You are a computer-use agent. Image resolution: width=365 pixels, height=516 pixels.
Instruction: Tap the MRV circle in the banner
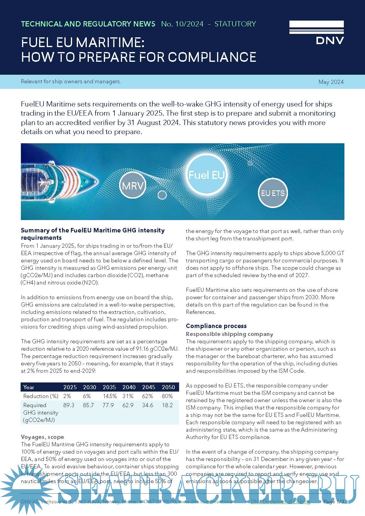click(133, 186)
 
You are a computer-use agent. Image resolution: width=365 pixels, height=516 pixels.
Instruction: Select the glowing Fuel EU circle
click(206, 175)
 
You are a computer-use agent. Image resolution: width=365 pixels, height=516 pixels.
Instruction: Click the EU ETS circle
click(273, 193)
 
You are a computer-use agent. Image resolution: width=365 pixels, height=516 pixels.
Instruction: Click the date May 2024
click(331, 82)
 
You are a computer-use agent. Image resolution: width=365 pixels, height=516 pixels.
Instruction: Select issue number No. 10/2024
click(182, 24)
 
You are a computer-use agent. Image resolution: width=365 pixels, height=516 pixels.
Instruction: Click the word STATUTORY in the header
click(235, 24)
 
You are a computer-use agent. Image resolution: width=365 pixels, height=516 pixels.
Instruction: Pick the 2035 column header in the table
click(109, 387)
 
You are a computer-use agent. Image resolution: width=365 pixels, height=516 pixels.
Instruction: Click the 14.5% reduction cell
click(110, 396)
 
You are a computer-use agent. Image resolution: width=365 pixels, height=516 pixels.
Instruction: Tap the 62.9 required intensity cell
click(128, 405)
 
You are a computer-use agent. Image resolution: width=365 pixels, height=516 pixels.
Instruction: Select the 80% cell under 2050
click(167, 396)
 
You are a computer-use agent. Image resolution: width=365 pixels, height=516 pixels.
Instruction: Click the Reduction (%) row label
click(41, 396)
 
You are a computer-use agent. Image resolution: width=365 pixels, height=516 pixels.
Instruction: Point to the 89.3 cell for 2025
click(69, 405)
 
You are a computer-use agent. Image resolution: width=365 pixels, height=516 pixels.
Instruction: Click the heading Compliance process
click(216, 326)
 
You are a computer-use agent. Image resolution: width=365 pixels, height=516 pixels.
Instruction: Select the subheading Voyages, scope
click(42, 437)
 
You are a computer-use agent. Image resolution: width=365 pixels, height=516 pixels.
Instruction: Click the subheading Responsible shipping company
click(229, 334)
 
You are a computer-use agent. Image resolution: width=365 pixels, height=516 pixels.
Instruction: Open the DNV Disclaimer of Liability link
click(280, 502)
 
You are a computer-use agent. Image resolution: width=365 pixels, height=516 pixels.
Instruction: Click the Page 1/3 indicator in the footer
click(333, 502)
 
